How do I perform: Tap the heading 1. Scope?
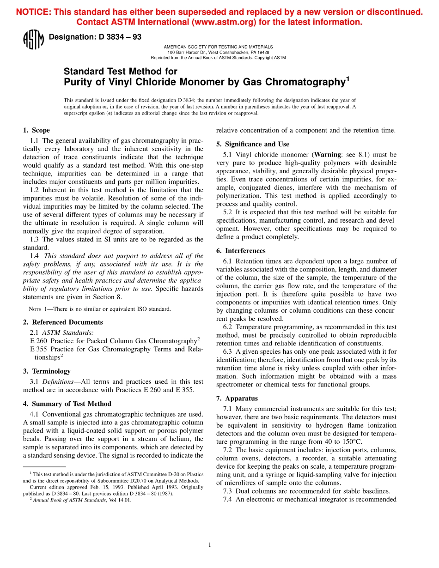point(37,130)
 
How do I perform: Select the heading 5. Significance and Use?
point(252,144)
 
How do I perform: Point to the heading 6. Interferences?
point(241,251)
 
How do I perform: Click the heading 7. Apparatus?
point(237,398)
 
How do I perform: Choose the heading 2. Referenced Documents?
point(63,322)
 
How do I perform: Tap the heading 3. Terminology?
point(47,371)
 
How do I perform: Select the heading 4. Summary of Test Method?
point(67,404)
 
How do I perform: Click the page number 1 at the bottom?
point(210,545)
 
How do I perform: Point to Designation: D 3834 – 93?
point(95,37)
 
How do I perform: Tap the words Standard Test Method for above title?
point(120,72)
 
